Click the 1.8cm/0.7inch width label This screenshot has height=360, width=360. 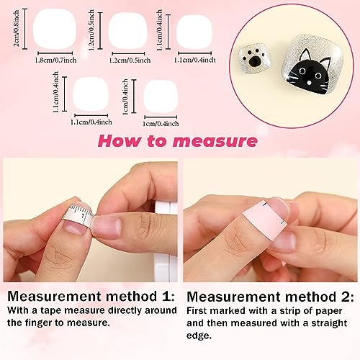tap(55, 60)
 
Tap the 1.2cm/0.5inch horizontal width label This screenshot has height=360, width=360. tap(130, 60)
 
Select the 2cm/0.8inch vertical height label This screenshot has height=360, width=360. tap(17, 28)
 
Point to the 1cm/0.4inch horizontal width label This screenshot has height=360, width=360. tap(161, 124)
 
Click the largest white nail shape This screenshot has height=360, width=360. tap(55, 30)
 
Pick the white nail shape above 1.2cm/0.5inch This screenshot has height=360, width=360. tap(127, 31)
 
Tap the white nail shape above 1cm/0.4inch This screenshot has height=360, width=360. tap(161, 96)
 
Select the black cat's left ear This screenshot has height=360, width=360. tap(304, 55)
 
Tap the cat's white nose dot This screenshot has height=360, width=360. tap(310, 83)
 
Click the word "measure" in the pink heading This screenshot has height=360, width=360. tap(215, 141)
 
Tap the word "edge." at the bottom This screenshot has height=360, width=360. tap(199, 336)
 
